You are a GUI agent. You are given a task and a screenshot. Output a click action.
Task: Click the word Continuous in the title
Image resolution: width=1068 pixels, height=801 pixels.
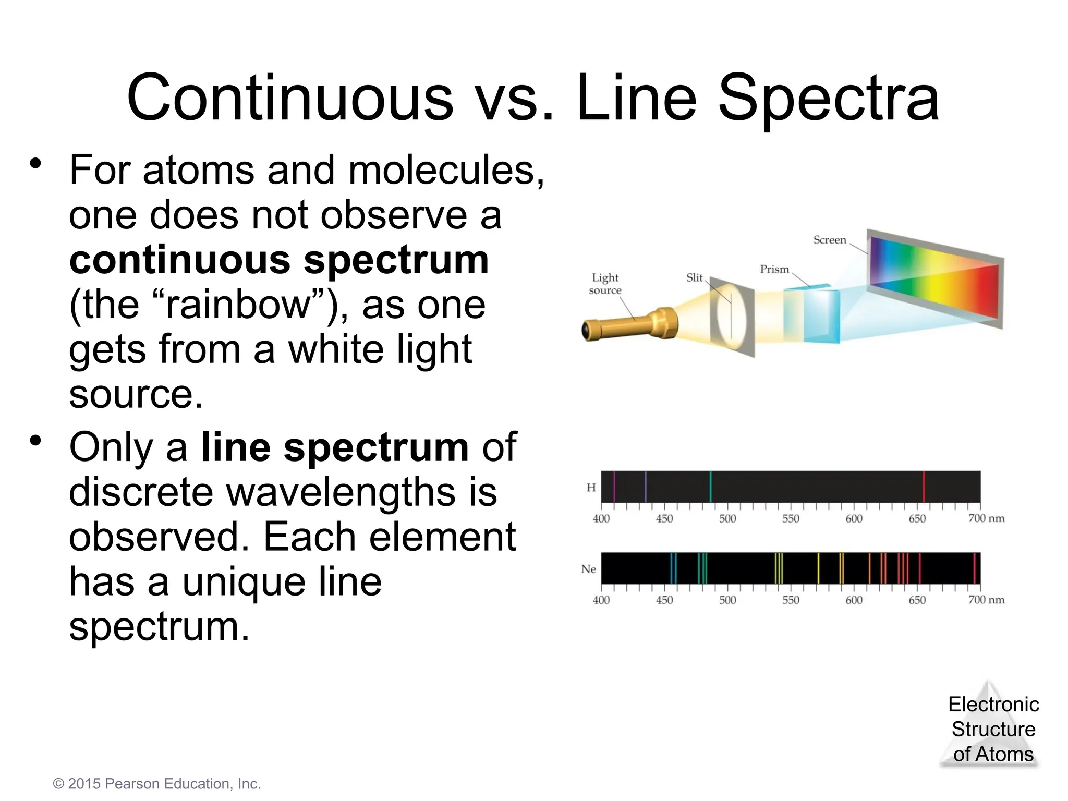click(290, 99)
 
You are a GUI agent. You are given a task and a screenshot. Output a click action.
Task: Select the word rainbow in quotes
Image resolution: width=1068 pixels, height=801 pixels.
click(237, 305)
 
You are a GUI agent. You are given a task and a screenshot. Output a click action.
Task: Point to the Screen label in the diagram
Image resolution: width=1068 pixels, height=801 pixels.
click(829, 240)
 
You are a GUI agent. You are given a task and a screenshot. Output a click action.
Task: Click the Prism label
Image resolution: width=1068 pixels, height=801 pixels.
click(774, 269)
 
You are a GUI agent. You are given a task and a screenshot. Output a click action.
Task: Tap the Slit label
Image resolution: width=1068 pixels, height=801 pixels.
click(694, 277)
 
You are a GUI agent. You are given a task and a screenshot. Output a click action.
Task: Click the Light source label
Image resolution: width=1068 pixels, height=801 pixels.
click(605, 284)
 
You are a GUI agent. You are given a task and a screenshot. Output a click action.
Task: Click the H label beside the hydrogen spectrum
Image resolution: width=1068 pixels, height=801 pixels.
click(591, 488)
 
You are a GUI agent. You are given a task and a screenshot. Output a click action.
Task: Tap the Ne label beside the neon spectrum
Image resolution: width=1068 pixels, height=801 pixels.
click(589, 569)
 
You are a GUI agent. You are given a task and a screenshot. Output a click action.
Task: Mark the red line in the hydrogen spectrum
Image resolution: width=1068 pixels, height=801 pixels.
click(924, 487)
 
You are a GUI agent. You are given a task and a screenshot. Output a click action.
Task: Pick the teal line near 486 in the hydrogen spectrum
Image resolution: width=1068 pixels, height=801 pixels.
click(710, 487)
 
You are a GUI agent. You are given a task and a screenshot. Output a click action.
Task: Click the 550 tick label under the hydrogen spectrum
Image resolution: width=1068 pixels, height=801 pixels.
click(791, 519)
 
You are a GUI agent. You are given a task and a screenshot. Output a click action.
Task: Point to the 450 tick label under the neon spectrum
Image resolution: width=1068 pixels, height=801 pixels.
click(664, 600)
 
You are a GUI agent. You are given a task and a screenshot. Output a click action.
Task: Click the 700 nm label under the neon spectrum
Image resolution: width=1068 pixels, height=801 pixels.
click(986, 600)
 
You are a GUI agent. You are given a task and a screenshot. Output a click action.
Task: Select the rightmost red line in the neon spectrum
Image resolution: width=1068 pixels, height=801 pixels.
click(974, 568)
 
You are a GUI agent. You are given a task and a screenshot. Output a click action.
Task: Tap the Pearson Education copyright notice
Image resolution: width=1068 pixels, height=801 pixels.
click(157, 784)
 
